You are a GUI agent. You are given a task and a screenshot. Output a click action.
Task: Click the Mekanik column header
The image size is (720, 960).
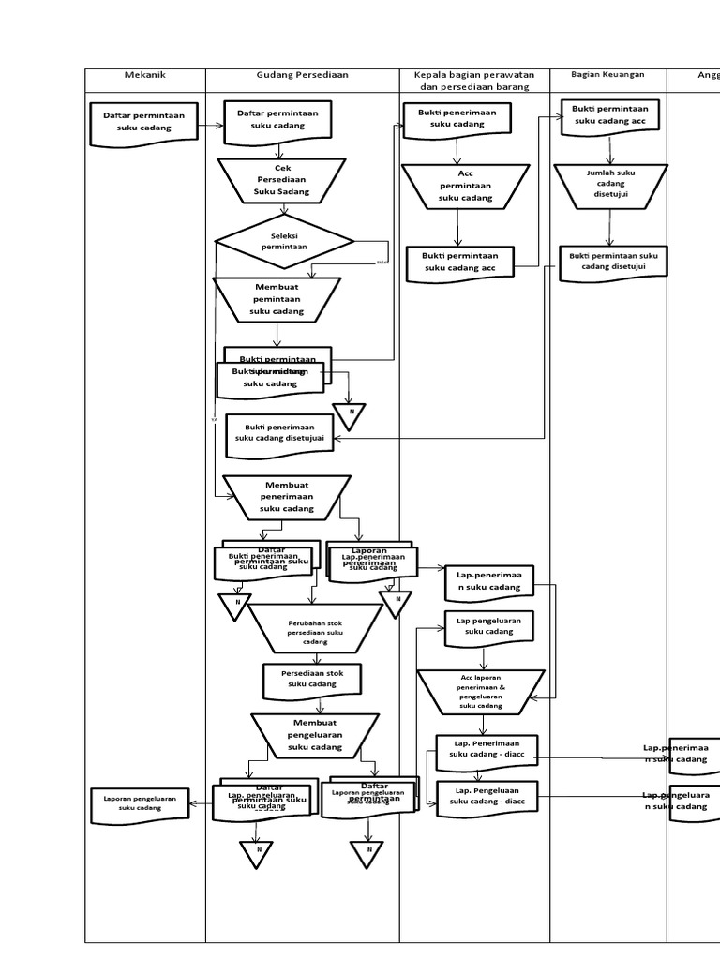tap(144, 76)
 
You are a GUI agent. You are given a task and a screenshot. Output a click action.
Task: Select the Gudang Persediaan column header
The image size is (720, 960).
tap(302, 76)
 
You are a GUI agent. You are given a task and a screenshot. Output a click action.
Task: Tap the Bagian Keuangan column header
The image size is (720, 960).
tap(607, 75)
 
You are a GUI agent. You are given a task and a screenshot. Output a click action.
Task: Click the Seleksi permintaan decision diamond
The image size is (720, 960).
tap(284, 241)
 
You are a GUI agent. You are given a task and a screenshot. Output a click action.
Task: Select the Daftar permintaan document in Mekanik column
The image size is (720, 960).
tap(143, 123)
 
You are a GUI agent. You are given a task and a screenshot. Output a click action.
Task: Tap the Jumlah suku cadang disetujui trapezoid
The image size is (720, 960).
tap(610, 185)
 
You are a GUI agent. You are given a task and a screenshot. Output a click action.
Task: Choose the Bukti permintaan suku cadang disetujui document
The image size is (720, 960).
tap(613, 262)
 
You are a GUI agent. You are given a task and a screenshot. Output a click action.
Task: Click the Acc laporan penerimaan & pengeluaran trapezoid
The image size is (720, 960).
tap(481, 691)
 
